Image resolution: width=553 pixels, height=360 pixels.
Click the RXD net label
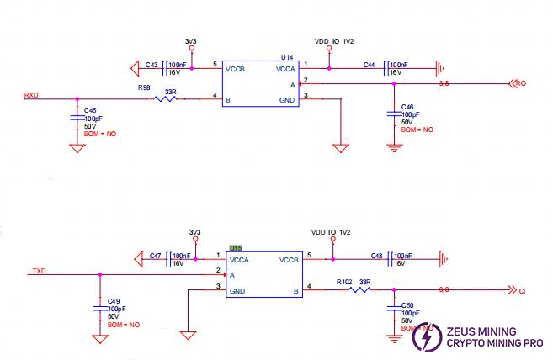coord(31,94)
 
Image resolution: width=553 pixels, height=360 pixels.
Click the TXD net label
coord(38,271)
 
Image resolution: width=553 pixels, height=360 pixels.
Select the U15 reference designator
coord(236,248)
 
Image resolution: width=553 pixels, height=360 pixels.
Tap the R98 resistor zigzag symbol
coord(165,99)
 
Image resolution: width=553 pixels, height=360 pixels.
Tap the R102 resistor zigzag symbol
coord(359,290)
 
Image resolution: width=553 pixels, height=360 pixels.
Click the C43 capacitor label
coord(152,65)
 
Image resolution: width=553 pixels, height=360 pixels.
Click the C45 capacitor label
coord(90,111)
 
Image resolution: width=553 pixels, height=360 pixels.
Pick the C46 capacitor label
coord(407,107)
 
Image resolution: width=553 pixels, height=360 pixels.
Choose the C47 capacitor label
coord(155,256)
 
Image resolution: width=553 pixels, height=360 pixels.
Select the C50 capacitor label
coord(407,306)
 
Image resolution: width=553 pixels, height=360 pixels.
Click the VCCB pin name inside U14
coord(236,71)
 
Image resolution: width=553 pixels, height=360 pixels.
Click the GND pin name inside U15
coord(237,291)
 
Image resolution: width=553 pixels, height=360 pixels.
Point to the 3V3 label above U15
coord(194,231)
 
